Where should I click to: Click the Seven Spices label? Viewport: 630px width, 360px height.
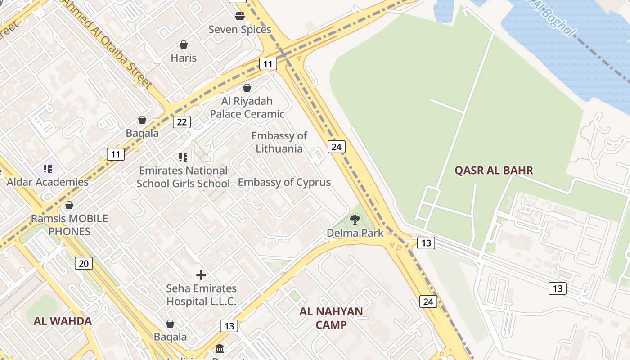[x=240, y=30]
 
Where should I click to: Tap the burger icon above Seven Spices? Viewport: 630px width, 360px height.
[x=240, y=16]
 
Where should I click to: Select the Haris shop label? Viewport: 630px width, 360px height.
[x=184, y=58]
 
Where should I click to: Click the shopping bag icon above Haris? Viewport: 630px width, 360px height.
[x=184, y=45]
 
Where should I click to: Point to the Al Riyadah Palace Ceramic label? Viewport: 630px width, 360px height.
[x=247, y=108]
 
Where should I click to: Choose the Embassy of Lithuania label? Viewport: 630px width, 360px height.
[x=279, y=142]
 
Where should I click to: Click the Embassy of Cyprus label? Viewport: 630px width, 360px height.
[x=284, y=182]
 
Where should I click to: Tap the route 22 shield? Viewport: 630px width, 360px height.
[x=182, y=122]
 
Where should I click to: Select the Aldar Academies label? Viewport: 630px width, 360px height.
[x=47, y=182]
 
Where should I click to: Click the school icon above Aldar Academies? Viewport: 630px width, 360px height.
[x=48, y=169]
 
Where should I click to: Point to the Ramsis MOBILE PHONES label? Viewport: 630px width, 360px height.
[x=69, y=225]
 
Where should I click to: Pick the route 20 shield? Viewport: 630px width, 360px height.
[x=84, y=263]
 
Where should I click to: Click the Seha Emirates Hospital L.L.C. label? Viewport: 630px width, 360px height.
[x=201, y=295]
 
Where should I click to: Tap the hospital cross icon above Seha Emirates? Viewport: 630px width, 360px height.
[x=201, y=275]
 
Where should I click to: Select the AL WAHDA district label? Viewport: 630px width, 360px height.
[x=63, y=321]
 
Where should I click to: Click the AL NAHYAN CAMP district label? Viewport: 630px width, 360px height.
[x=331, y=318]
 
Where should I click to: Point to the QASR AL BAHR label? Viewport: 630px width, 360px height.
[x=494, y=170]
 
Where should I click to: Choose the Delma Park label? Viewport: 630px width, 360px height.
[x=355, y=233]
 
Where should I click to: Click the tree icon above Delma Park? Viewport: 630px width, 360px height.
[x=355, y=220]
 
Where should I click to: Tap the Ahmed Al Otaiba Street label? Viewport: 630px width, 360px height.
[x=107, y=43]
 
